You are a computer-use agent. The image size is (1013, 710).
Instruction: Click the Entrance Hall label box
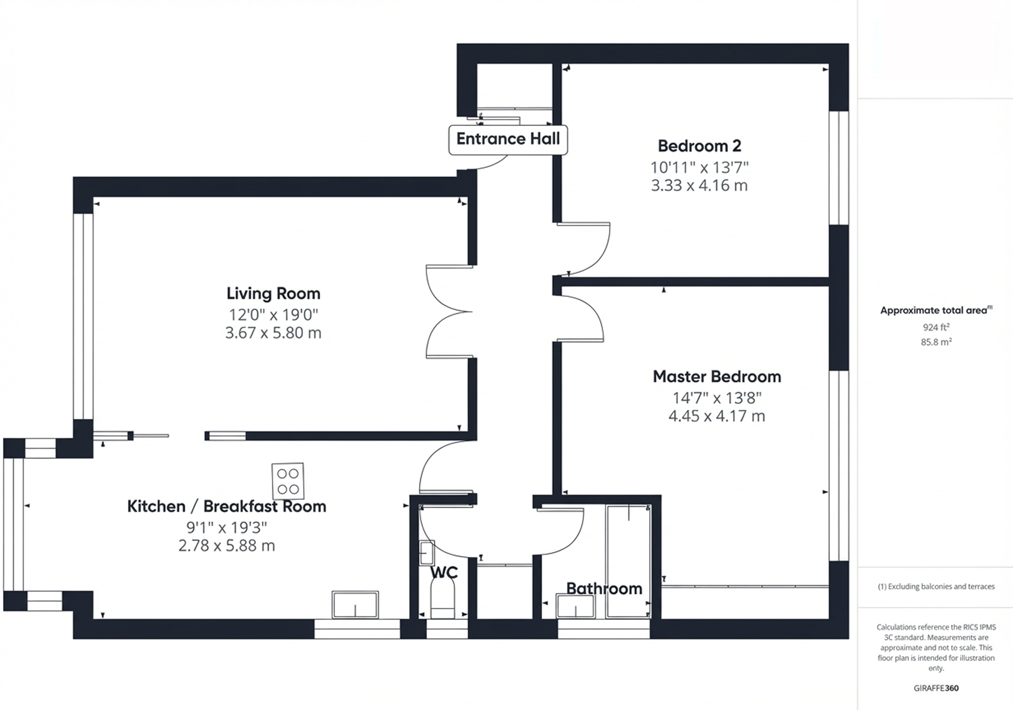point(508,140)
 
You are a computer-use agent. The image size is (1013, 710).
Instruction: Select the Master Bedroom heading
point(717,377)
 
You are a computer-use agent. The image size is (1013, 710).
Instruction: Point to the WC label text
point(444,572)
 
